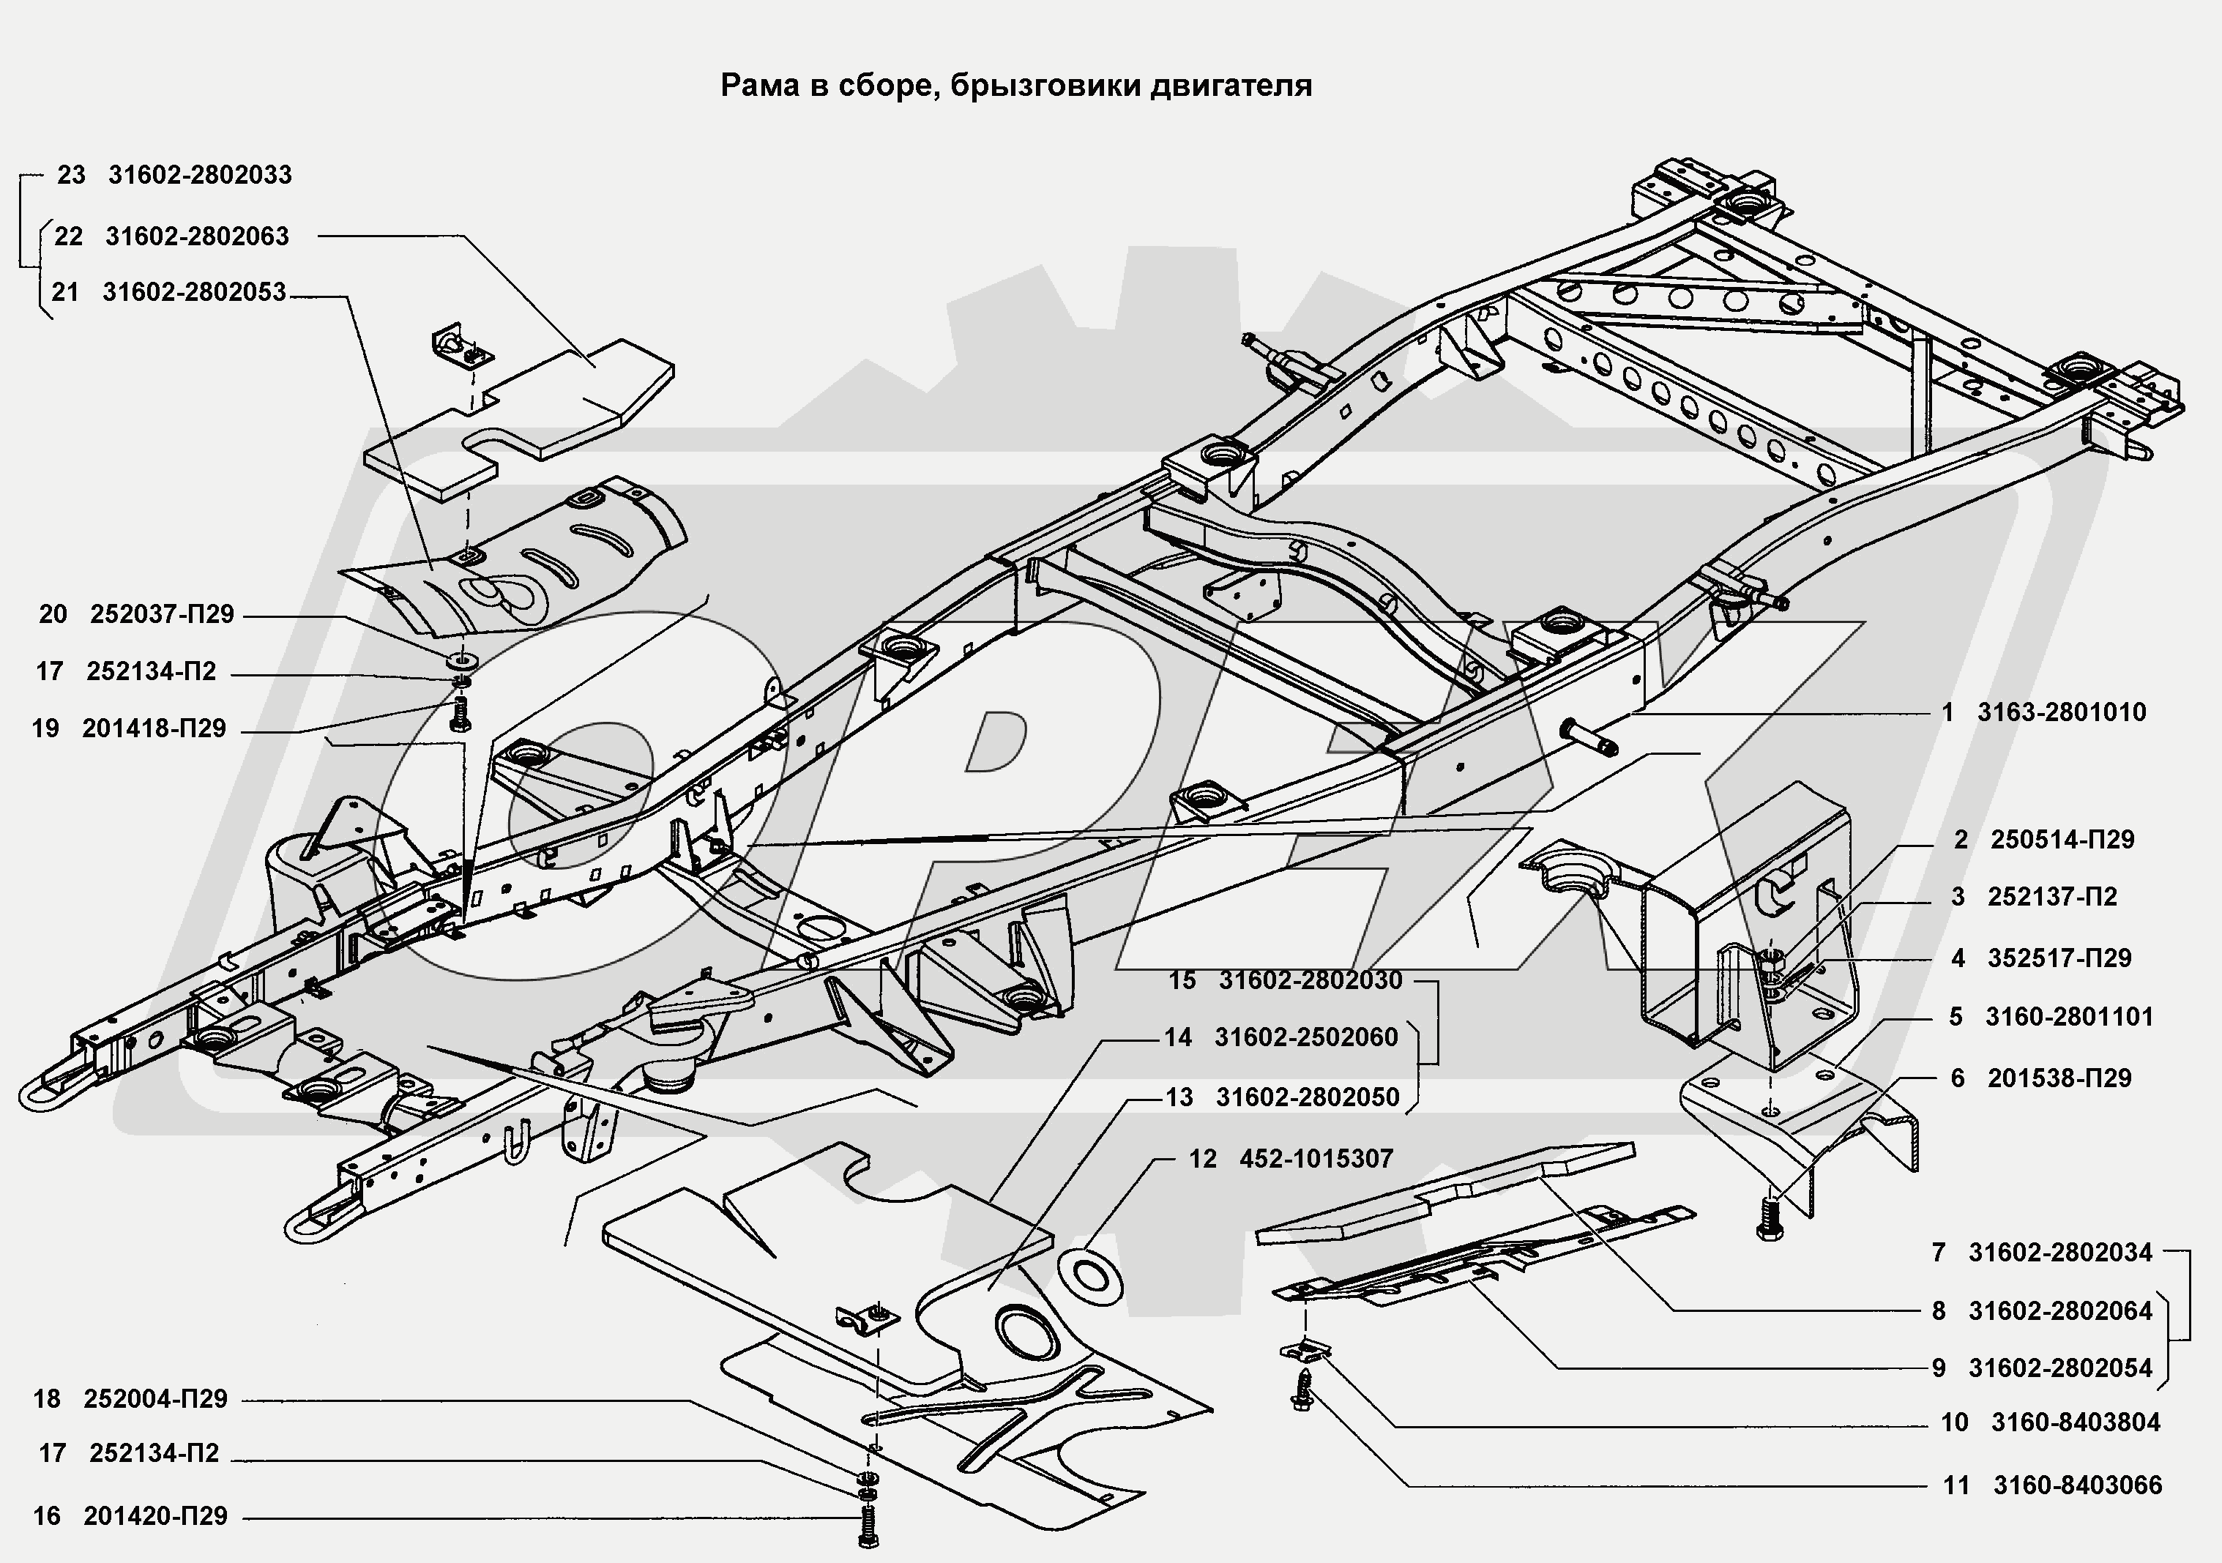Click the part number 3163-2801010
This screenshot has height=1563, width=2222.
(x=2062, y=712)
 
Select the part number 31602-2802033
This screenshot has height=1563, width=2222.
(x=199, y=175)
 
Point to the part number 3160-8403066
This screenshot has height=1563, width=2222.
(x=2078, y=1485)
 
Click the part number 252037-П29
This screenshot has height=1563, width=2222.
(x=162, y=614)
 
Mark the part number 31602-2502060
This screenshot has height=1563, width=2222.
(x=1307, y=1037)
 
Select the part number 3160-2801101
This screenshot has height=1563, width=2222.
(x=2069, y=1017)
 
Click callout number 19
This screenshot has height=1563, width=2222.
(x=45, y=728)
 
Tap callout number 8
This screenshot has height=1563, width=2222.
(x=1939, y=1311)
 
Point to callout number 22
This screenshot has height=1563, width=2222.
(x=68, y=236)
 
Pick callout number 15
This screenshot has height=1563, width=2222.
(x=1182, y=980)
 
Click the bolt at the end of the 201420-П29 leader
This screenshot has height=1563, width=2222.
(x=866, y=1532)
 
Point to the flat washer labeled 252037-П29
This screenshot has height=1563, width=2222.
(x=463, y=662)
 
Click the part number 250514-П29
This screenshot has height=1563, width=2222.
(x=2062, y=840)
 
